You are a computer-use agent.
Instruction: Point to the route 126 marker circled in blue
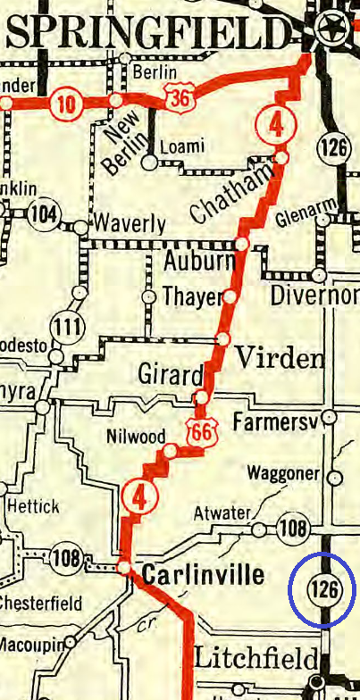coord(322,589)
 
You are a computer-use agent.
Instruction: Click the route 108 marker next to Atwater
coord(292,526)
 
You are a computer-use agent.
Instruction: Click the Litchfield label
coord(255,660)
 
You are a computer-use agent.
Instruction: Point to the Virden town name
coord(279,359)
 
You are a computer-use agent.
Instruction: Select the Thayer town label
coord(189,296)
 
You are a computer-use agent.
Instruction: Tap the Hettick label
coord(33,506)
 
